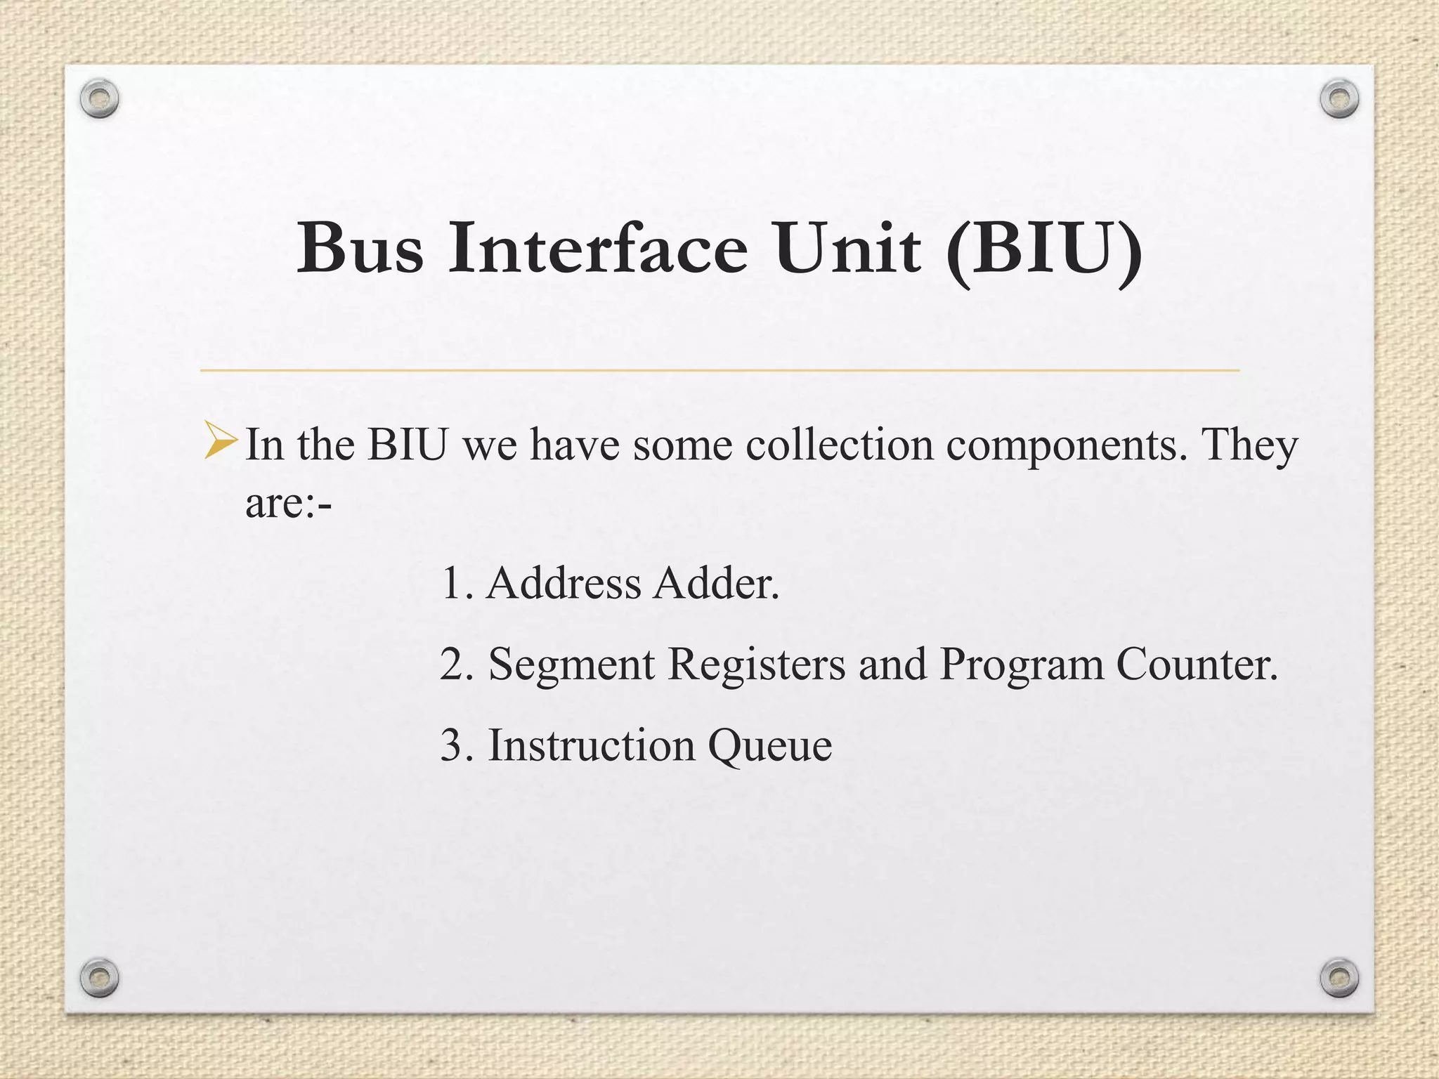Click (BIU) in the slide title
1043,249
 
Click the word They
1249,446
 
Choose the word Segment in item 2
571,664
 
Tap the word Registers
757,664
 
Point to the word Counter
1196,664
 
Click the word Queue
769,746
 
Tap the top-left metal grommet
99,99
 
